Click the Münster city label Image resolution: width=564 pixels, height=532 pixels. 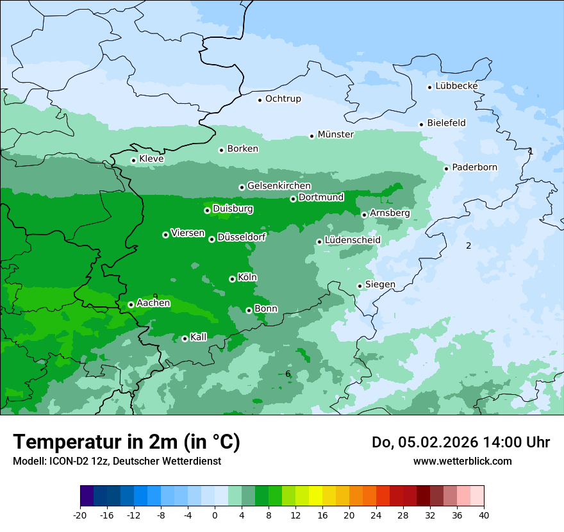click(335, 135)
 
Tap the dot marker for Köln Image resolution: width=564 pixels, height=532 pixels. click(232, 279)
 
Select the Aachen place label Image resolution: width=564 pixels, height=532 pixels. click(153, 303)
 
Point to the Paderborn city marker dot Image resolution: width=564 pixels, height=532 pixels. click(447, 169)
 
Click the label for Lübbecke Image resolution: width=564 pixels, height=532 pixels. click(456, 86)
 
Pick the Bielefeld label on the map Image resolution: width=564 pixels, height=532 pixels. click(446, 123)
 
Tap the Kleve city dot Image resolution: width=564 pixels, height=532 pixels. click(133, 160)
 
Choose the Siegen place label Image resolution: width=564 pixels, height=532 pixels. click(380, 285)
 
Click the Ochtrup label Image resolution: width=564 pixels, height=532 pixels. click(283, 99)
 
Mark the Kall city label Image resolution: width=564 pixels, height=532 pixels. click(199, 337)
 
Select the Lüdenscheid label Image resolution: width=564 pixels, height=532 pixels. click(352, 240)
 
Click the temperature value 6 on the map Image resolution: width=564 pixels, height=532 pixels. click(288, 374)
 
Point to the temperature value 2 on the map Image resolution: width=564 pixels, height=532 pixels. click(469, 245)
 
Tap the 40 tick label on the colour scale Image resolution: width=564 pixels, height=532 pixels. click(484, 515)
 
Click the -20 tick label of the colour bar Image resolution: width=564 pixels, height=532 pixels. click(80, 515)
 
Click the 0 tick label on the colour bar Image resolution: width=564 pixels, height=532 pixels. click(215, 515)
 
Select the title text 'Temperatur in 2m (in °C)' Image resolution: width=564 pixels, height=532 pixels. click(126, 442)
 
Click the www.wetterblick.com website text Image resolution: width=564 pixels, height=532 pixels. click(462, 461)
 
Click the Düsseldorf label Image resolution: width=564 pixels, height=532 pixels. click(241, 237)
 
